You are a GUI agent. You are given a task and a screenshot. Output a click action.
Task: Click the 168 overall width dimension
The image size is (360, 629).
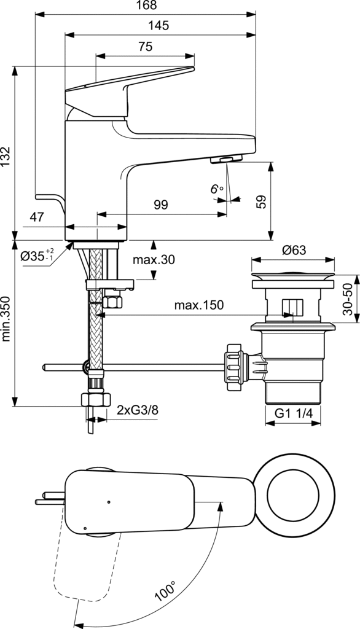pos(146,5)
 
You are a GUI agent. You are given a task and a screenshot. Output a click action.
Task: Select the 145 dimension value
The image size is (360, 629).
pos(158,26)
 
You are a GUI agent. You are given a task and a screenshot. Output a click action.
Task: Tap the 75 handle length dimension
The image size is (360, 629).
pos(146,47)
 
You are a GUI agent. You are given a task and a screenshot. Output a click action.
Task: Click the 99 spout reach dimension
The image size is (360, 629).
pos(160,205)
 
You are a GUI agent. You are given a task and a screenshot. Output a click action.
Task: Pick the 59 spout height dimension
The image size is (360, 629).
pos(261,201)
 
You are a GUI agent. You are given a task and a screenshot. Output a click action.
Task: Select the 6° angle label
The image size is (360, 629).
pos(216,189)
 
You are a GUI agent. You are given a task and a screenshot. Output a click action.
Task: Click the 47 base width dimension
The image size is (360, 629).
pos(36,217)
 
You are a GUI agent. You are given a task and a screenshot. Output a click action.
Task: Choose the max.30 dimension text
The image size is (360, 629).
pos(154,260)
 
